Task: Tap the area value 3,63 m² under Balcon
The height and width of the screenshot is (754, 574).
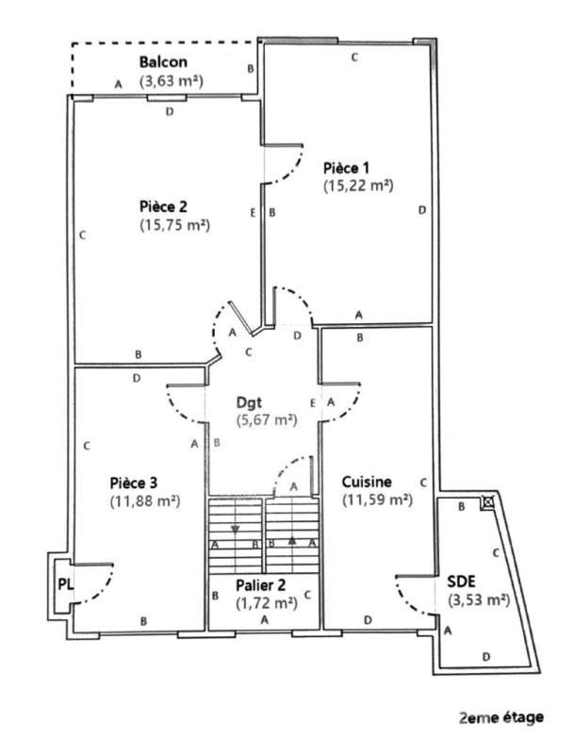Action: click(x=172, y=81)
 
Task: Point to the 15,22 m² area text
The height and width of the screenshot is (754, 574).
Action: click(x=357, y=186)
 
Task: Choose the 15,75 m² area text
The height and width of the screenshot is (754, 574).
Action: click(x=173, y=225)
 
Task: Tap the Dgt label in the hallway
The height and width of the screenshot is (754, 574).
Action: click(x=261, y=400)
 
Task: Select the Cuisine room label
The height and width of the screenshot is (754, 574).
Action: click(x=368, y=481)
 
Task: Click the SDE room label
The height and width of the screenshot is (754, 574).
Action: click(x=462, y=582)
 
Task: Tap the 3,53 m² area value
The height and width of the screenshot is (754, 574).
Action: click(x=478, y=599)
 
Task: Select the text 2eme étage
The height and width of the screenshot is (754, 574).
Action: click(x=500, y=718)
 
